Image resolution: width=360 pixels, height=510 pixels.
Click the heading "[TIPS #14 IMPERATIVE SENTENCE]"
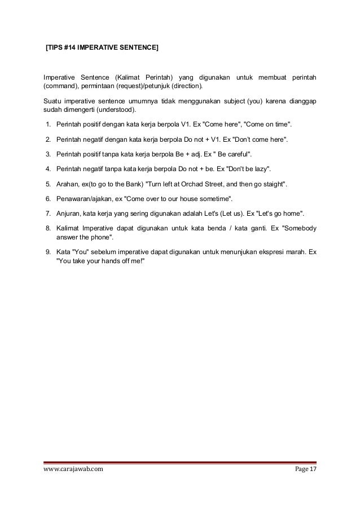pos(102,49)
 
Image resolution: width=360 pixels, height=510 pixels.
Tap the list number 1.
pos(49,124)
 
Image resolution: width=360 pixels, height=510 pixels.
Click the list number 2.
pos(49,139)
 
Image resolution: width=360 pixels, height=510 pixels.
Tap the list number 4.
pos(49,169)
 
